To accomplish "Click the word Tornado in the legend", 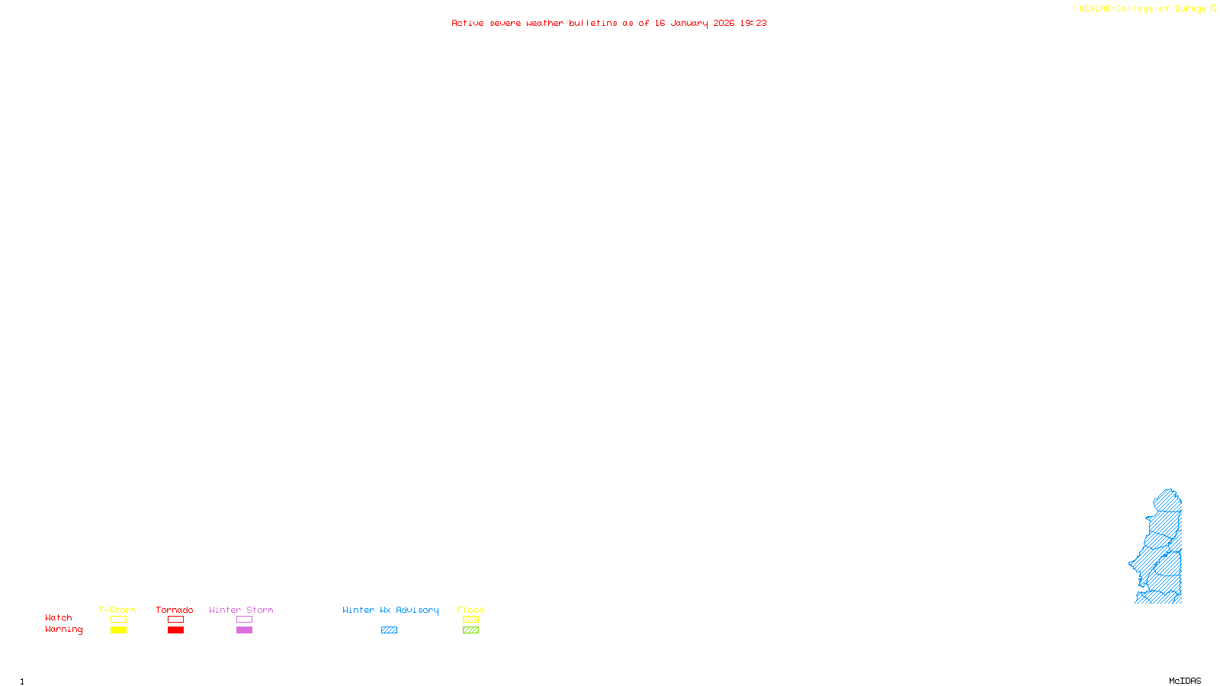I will coord(175,610).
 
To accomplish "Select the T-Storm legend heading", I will coord(117,610).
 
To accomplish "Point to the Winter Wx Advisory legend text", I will coord(390,610).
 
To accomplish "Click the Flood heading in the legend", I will coord(470,610).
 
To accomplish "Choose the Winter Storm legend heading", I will coord(241,610).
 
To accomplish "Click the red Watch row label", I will coord(59,617).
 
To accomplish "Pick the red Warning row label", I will coord(63,630).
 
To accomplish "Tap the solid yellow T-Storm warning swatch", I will coord(118,630).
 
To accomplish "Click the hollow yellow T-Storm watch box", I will coord(118,620).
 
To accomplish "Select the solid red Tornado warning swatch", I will coord(175,630).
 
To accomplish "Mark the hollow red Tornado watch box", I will coord(175,620).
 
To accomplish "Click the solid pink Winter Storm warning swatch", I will coord(244,630).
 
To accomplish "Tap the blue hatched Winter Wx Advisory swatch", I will coord(389,630).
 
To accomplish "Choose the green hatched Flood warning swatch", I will coord(470,630).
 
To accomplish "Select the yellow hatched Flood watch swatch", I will coord(470,620).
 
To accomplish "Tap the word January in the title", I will coord(689,23).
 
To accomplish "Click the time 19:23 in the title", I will coord(753,23).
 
